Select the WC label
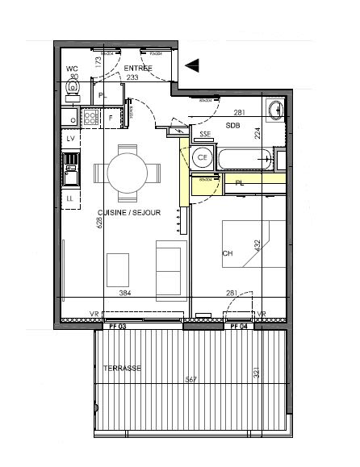tap(73, 69)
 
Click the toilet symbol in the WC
tap(73, 90)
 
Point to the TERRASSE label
tap(122, 368)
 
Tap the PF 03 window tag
tap(118, 327)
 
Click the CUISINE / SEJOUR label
tap(129, 213)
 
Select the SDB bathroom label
tap(232, 126)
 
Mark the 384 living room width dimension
tap(125, 294)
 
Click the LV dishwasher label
tap(70, 140)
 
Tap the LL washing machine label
tap(70, 198)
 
